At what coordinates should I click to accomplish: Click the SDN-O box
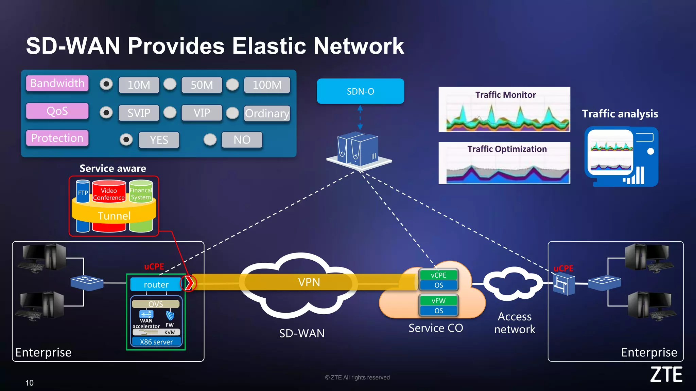click(360, 91)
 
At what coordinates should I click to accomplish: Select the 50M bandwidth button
click(202, 85)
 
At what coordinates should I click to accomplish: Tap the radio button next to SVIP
click(106, 112)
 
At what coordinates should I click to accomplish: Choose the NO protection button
click(242, 139)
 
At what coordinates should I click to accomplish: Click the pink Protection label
click(57, 138)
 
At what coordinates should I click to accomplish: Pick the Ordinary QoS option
click(267, 113)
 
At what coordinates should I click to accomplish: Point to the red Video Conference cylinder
click(109, 194)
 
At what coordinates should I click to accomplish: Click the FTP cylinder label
click(83, 193)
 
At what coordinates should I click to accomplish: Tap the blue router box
click(156, 284)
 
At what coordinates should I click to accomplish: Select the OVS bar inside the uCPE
click(156, 304)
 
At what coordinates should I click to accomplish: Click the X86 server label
click(156, 342)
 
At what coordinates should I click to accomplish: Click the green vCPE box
click(438, 275)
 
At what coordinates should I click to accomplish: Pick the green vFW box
click(438, 301)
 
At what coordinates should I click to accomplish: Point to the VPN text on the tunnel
click(309, 282)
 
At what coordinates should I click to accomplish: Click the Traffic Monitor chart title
click(505, 95)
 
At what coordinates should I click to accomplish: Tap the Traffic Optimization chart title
click(507, 149)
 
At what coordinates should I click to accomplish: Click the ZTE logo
click(666, 375)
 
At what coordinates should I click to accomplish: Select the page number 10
click(30, 383)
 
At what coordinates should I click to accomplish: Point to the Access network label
click(515, 323)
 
